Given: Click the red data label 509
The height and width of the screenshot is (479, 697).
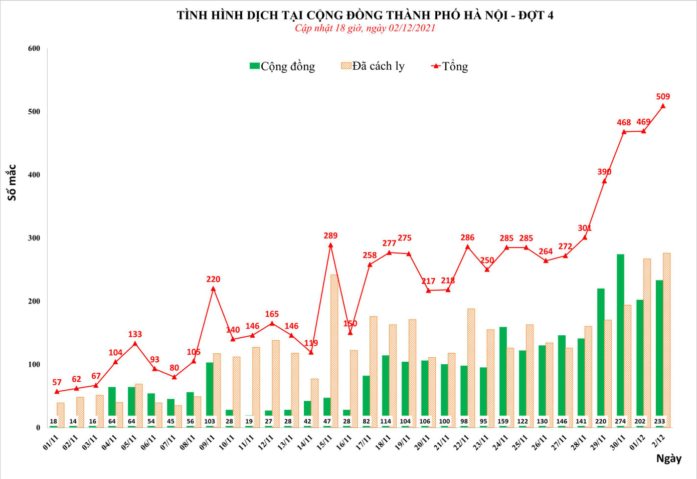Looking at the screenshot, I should [662, 96].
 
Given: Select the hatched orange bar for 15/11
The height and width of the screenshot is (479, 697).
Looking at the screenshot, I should [334, 351].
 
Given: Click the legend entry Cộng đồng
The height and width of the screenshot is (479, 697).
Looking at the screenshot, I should [282, 66].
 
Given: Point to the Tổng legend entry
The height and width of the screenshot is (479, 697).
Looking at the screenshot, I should [450, 66].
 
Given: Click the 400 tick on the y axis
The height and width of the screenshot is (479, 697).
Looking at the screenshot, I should [34, 175].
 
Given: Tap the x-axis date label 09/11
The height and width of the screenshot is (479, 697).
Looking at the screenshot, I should [207, 442].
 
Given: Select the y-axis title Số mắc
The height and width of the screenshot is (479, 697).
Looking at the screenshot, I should [12, 182].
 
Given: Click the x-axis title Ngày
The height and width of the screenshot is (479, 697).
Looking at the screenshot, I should [668, 458].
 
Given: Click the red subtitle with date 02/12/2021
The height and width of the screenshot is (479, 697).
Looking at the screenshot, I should [365, 28].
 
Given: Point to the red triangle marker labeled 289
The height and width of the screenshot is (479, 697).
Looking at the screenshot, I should [330, 245].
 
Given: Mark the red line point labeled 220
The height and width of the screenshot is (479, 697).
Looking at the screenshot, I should [213, 289].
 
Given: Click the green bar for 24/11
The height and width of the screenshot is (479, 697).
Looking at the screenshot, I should [503, 373].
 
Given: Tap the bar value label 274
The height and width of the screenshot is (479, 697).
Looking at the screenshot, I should [620, 421].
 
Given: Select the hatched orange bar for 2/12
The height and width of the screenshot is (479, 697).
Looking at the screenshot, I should [666, 341].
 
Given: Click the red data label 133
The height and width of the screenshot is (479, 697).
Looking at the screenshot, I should [135, 334].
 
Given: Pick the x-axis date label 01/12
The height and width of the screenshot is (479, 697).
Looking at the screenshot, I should [637, 442].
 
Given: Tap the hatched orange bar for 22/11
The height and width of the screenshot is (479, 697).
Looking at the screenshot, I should [471, 368].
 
